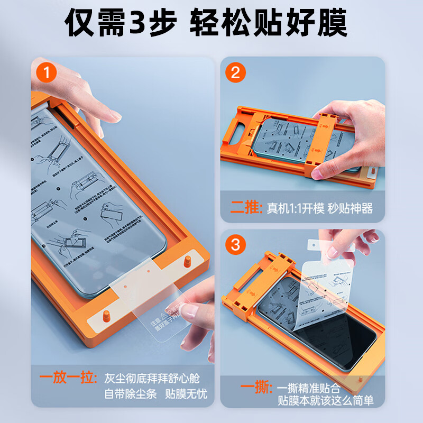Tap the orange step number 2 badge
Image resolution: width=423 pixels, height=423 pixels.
[x=236, y=72]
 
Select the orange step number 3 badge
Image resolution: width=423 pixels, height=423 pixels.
[x=236, y=245]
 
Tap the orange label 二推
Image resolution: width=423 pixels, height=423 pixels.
[x=246, y=208]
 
